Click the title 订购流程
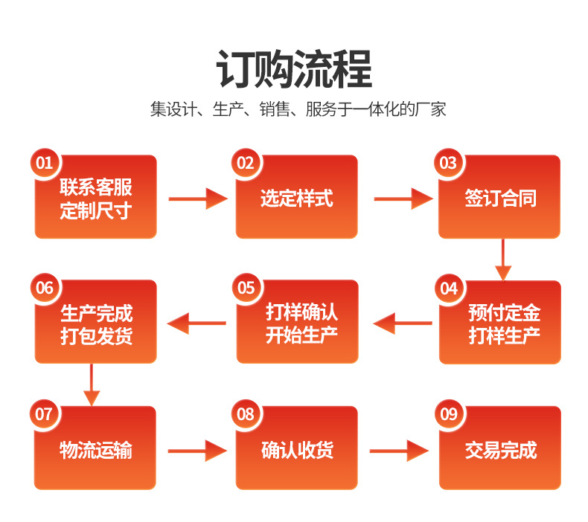click(x=294, y=70)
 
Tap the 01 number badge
click(x=44, y=163)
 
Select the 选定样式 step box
click(x=297, y=199)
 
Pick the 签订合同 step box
click(x=499, y=199)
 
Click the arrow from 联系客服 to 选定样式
click(x=197, y=199)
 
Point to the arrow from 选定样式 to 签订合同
click(x=402, y=199)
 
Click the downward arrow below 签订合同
click(x=504, y=260)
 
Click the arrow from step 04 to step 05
click(x=403, y=323)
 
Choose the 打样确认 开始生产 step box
click(x=297, y=323)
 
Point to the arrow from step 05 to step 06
click(x=196, y=323)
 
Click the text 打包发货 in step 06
click(x=96, y=335)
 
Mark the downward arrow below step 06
click(x=91, y=384)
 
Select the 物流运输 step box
click(x=95, y=449)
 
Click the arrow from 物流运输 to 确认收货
click(x=196, y=450)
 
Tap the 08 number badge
click(x=246, y=413)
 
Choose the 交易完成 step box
click(x=499, y=449)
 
